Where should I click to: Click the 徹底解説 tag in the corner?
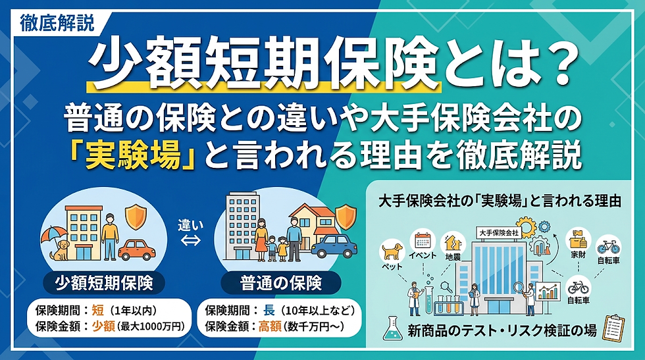tap(57, 23)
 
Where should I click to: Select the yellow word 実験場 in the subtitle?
tap(133, 155)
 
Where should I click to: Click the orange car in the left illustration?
tap(137, 249)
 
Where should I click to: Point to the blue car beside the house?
tap(334, 246)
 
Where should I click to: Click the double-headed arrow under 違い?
tap(190, 240)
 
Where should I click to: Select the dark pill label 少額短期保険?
tap(104, 283)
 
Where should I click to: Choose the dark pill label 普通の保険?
tap(281, 283)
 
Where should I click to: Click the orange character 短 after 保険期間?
tap(98, 310)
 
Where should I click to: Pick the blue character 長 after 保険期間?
tap(269, 310)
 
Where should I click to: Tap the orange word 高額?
tap(270, 326)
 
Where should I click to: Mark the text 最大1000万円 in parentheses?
tap(151, 326)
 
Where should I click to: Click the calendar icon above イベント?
tap(423, 240)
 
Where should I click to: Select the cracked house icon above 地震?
tap(453, 243)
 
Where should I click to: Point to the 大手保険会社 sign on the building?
tap(499, 233)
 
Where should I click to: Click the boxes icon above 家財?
tap(578, 239)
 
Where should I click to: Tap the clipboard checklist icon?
tap(613, 328)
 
